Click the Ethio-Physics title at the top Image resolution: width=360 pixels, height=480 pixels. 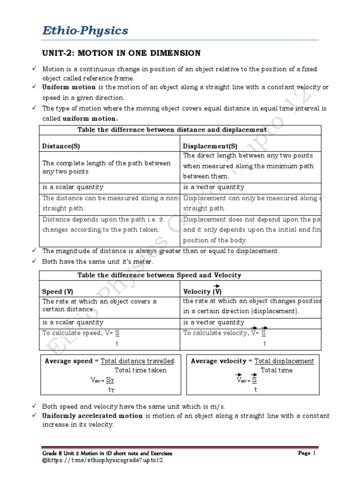point(85,31)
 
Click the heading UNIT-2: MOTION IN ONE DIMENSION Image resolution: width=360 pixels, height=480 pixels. point(121,53)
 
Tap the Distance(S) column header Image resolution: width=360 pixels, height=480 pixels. point(61,146)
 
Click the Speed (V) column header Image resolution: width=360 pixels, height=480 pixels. point(58,291)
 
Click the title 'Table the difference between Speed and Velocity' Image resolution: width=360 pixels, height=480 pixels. point(159,275)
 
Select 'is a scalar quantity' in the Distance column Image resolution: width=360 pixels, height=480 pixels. point(73,187)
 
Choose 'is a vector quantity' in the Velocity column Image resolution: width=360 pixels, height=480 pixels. point(213,322)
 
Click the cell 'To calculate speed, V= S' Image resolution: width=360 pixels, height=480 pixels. point(81,333)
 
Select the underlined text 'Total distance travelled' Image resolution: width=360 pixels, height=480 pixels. point(137,361)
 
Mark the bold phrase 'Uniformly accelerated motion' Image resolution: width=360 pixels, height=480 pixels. point(93,416)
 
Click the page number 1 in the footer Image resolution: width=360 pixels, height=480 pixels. point(315,453)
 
